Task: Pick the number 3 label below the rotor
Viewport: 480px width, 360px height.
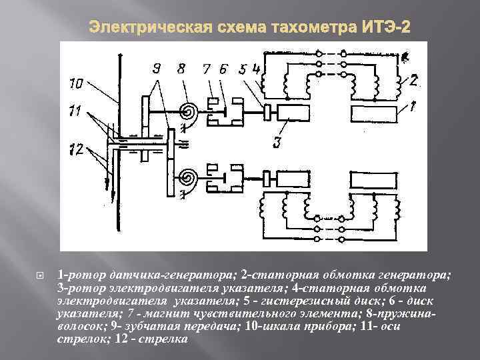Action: click(x=276, y=141)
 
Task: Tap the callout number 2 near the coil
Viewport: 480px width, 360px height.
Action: click(x=413, y=81)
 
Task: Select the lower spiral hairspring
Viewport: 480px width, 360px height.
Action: click(x=189, y=178)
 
